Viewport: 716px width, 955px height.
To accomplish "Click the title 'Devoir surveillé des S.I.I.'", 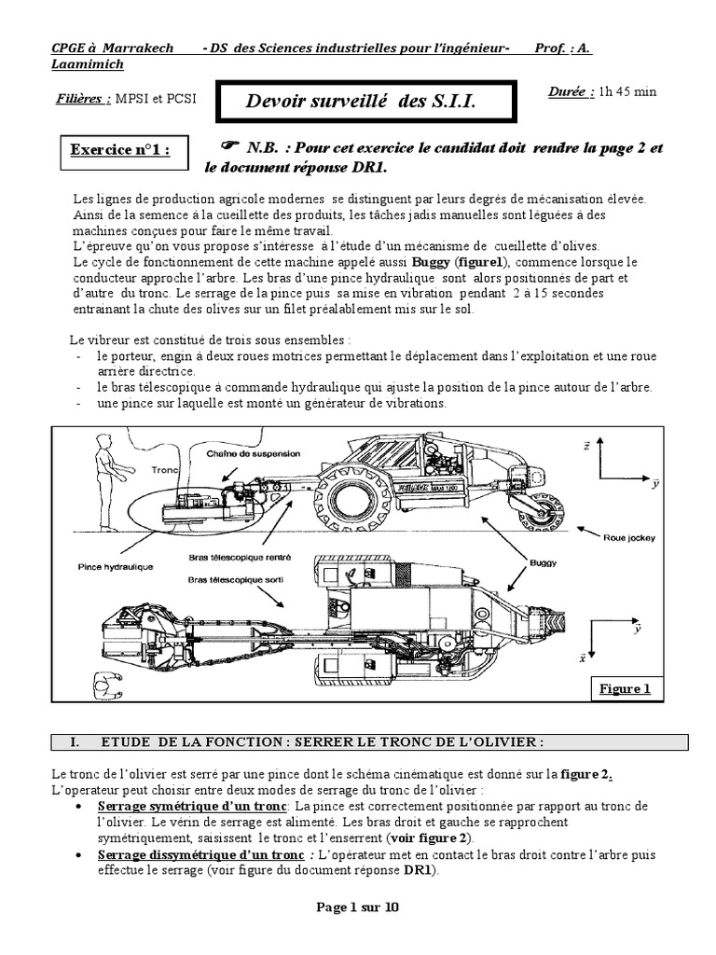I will (x=361, y=103).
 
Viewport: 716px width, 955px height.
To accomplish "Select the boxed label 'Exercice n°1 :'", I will (x=121, y=151).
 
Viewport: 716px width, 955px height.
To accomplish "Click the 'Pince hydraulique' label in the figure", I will (x=116, y=566).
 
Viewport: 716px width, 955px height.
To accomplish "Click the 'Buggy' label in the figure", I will (x=543, y=563).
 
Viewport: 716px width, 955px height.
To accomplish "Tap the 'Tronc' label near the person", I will (x=164, y=471).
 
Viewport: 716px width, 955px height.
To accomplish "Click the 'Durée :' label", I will (x=571, y=91).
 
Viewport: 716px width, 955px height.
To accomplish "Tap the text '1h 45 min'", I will (x=628, y=91).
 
